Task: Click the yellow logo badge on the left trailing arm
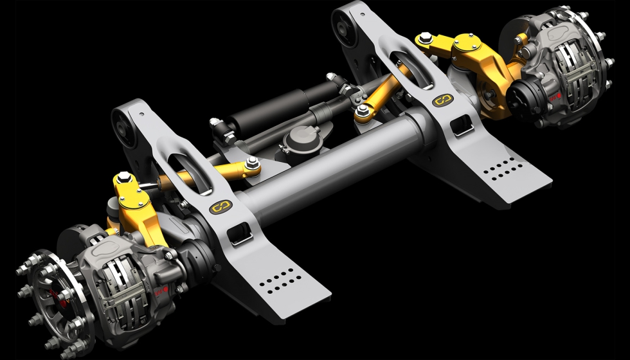[221, 208]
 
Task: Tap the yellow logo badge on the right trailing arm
[440, 100]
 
